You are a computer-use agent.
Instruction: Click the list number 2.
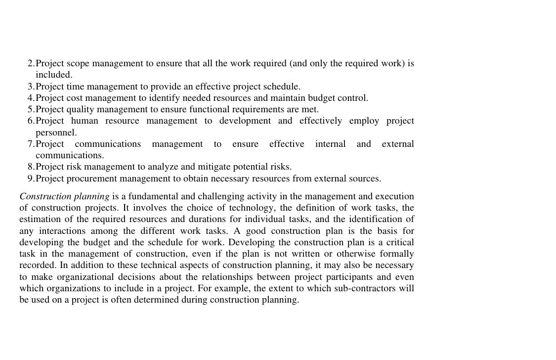(31, 64)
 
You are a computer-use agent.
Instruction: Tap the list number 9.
(31, 179)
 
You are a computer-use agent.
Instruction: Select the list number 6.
(31, 121)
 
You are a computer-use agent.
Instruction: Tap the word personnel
(56, 133)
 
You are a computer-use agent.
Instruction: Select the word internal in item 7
(330, 144)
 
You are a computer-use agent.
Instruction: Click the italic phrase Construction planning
(64, 197)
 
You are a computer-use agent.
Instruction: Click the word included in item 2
(54, 75)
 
